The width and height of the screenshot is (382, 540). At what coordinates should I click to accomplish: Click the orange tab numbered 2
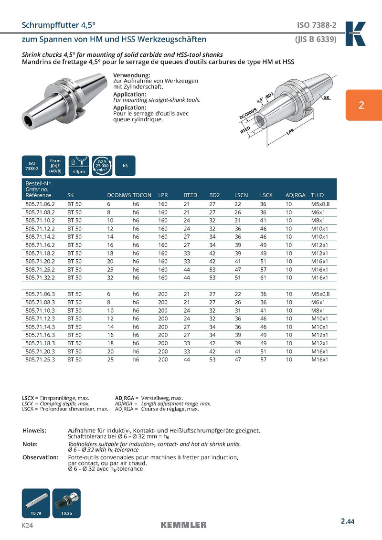tap(361, 105)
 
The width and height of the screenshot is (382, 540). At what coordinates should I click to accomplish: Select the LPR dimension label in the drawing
tap(290, 133)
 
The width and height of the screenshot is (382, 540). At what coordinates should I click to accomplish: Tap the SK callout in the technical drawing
tap(327, 97)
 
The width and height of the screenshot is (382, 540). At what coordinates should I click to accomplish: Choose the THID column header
tap(317, 195)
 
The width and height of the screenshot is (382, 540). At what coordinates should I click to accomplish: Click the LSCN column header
tap(241, 195)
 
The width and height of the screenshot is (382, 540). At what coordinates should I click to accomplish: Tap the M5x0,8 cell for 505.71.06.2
tap(320, 204)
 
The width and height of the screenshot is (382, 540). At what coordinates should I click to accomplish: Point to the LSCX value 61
tap(263, 277)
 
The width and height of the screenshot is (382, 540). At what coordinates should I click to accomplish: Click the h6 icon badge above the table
tap(125, 166)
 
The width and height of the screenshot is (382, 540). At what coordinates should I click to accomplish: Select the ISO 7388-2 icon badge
tap(31, 166)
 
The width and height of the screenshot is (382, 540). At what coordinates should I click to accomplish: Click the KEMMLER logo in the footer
tap(183, 525)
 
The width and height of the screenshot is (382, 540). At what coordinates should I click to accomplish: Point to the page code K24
tap(27, 525)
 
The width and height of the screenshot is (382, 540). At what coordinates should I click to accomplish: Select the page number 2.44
tap(348, 522)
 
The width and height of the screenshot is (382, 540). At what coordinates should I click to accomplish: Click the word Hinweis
tap(34, 430)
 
